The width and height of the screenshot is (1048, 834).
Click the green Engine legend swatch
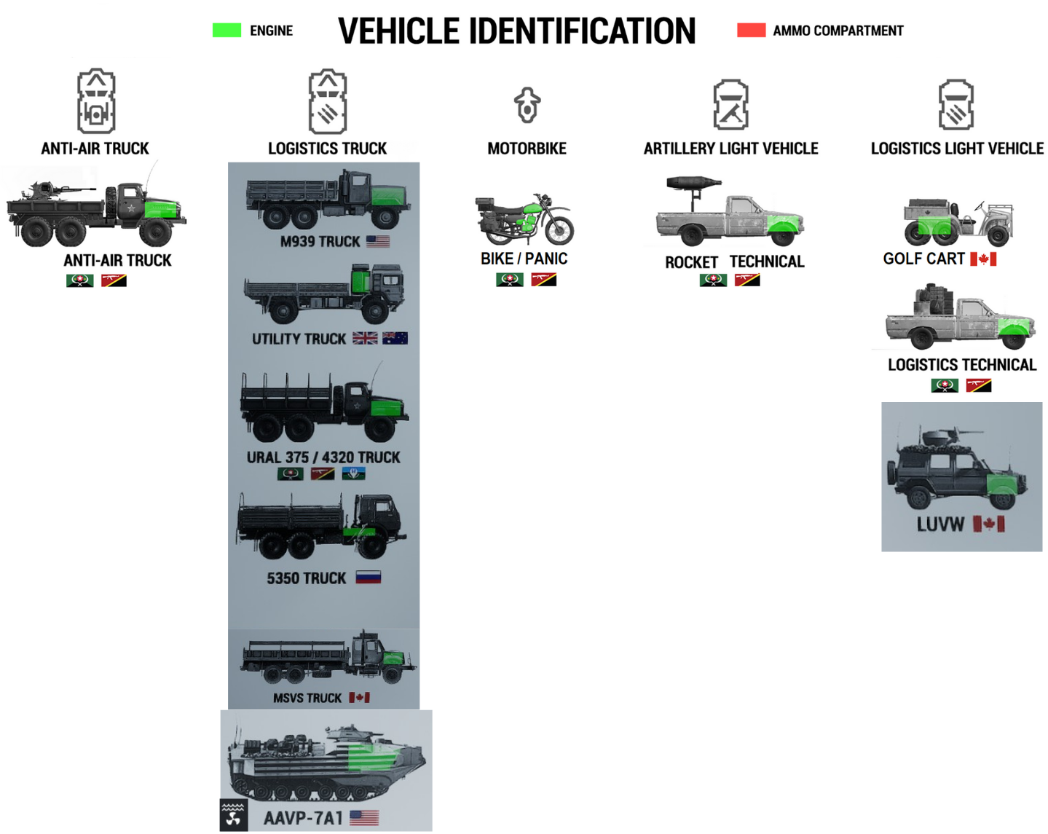226,30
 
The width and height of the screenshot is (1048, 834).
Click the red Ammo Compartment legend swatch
751,30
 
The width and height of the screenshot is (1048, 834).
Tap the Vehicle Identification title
516,31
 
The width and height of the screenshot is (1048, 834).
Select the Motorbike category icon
527,105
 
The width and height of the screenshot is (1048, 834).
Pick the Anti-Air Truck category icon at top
96,101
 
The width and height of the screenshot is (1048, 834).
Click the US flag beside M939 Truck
378,241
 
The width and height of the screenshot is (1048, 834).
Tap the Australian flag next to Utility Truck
395,338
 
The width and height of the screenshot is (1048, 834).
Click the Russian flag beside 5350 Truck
369,578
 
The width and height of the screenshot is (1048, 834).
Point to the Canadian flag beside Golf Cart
983,259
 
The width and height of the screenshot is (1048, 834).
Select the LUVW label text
940,524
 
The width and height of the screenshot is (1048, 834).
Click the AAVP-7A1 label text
303,818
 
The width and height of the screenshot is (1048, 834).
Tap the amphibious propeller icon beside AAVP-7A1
234,816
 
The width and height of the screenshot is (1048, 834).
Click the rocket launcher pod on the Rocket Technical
693,182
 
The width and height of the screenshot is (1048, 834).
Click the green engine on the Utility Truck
361,281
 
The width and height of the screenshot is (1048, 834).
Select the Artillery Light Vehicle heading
730,149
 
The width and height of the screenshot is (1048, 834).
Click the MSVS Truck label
307,698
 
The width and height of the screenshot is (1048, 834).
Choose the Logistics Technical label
961,365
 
